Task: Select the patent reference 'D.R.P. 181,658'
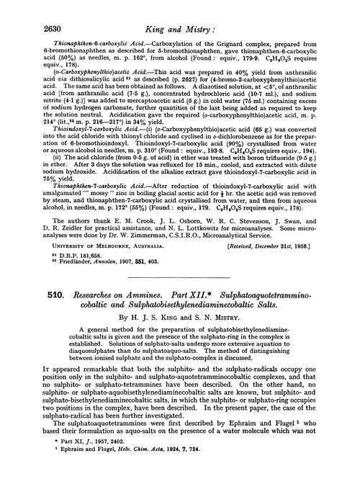(65, 256)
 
